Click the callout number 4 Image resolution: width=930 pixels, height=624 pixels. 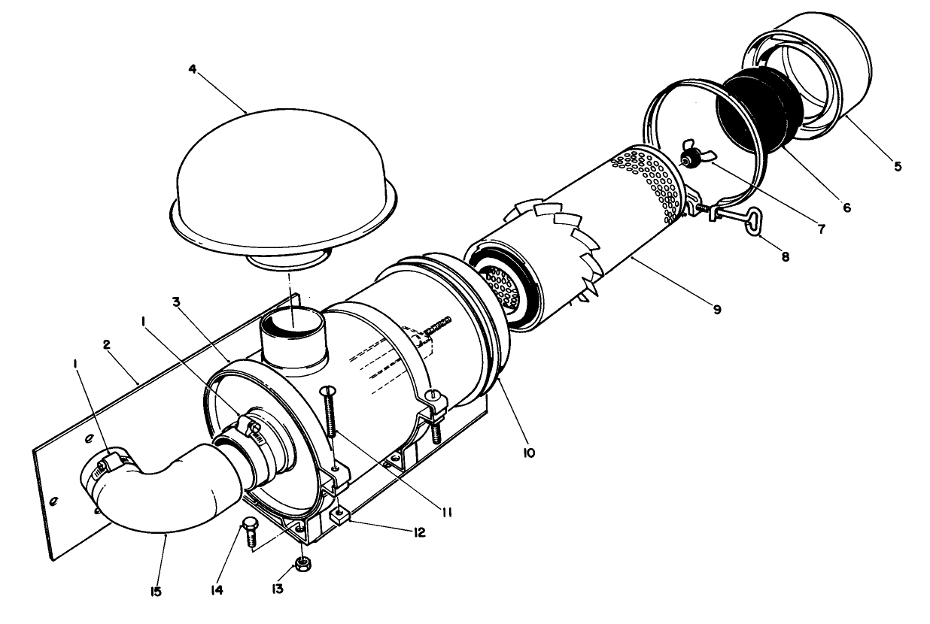193,69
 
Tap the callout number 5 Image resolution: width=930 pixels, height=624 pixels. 897,165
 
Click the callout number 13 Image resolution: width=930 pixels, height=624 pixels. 278,589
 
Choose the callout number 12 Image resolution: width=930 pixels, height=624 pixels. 418,532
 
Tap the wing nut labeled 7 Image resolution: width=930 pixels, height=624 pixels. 690,156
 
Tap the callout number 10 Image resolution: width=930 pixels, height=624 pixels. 529,453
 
